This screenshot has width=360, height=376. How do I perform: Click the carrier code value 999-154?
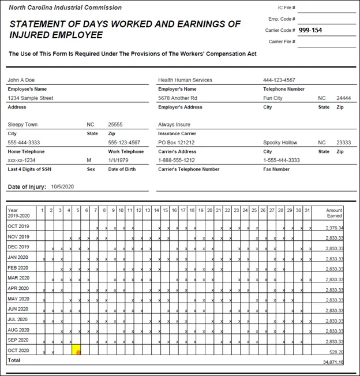310,30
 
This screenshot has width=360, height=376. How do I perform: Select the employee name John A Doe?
22,80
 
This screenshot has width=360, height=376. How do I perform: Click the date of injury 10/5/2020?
63,187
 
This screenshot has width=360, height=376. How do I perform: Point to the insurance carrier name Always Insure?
174,124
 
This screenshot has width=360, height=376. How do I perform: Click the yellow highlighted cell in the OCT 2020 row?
78,351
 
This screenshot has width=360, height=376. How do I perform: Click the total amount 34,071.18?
333,362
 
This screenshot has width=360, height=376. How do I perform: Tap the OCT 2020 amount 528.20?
336,351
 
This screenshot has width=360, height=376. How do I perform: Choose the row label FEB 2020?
18,268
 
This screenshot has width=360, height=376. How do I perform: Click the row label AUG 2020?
18,330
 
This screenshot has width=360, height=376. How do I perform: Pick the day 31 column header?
307,210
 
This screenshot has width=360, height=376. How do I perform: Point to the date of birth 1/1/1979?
120,160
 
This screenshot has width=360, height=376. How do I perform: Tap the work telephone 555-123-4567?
124,142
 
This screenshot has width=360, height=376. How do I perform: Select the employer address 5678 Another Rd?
178,98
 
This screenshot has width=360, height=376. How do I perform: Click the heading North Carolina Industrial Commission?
65,8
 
